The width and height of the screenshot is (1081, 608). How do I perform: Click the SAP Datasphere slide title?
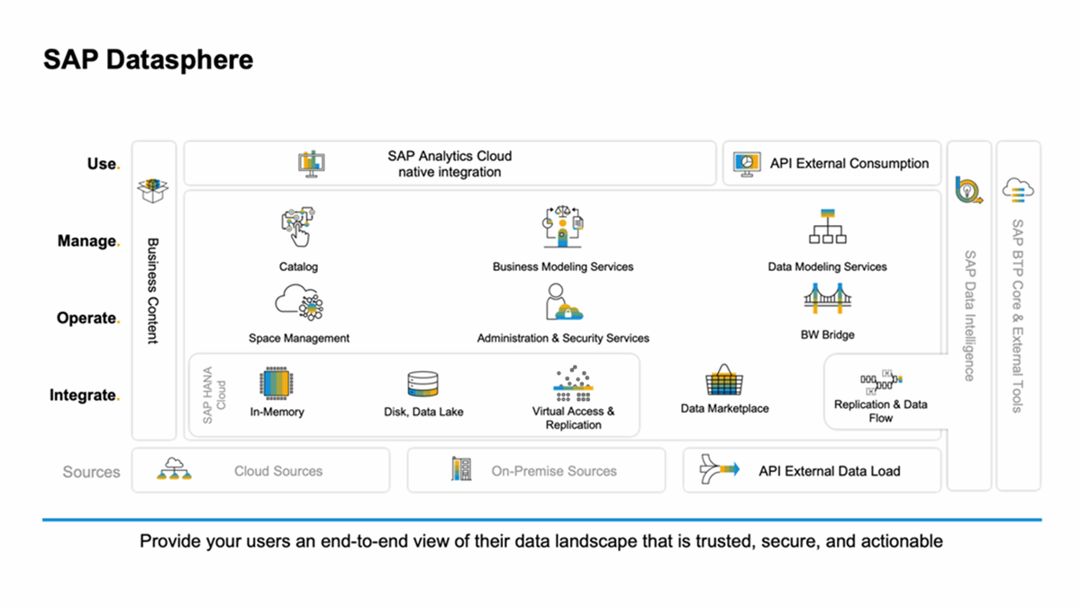click(149, 60)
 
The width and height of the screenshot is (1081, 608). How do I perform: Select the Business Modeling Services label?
click(563, 267)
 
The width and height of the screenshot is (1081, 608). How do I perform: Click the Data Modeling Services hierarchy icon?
click(827, 228)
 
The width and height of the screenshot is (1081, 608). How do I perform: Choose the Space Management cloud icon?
click(299, 303)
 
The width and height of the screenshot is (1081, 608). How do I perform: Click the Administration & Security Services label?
click(563, 338)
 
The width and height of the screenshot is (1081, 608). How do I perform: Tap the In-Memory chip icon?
click(277, 384)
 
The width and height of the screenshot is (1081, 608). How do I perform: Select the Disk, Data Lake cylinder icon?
click(422, 386)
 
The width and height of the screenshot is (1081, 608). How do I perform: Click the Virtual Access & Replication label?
click(574, 418)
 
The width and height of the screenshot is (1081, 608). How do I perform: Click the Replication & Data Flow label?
click(880, 411)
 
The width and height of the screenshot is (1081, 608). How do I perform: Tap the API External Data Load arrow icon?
click(720, 469)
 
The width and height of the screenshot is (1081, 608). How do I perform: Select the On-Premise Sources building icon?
click(461, 469)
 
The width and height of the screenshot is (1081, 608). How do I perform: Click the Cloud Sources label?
click(278, 471)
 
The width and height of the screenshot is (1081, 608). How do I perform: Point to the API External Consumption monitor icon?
click(748, 163)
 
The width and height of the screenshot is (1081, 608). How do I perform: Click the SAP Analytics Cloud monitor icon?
click(312, 164)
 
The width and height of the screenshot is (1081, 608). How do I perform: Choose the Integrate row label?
click(84, 395)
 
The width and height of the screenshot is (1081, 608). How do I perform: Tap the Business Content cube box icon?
click(152, 190)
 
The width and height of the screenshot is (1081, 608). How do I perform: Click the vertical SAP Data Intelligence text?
click(969, 315)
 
